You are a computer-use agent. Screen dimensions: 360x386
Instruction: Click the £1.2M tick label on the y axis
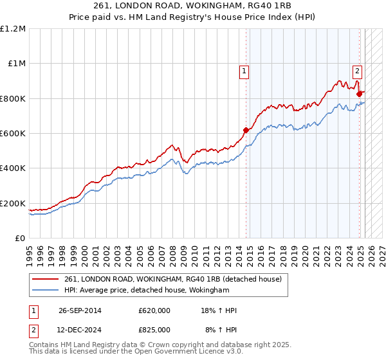pyautogui.click(x=13, y=29)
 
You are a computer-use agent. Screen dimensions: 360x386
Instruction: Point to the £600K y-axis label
pyautogui.click(x=13, y=134)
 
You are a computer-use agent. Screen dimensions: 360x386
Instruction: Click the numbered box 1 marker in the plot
pyautogui.click(x=245, y=72)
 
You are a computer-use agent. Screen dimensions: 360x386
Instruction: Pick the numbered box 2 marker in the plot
pyautogui.click(x=357, y=72)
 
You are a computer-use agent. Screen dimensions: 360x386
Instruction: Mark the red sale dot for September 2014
pyautogui.click(x=246, y=130)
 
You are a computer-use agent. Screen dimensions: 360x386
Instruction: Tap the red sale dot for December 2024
pyautogui.click(x=359, y=94)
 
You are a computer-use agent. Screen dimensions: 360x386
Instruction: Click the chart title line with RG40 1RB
pyautogui.click(x=193, y=8)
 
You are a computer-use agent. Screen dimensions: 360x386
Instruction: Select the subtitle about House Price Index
pyautogui.click(x=193, y=19)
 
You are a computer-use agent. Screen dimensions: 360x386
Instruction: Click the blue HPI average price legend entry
pyautogui.click(x=147, y=291)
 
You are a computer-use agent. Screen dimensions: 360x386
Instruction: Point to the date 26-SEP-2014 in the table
pyautogui.click(x=80, y=310)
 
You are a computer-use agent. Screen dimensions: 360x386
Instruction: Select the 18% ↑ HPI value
pyautogui.click(x=219, y=310)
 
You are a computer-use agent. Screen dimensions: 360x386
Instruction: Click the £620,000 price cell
pyautogui.click(x=154, y=310)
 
